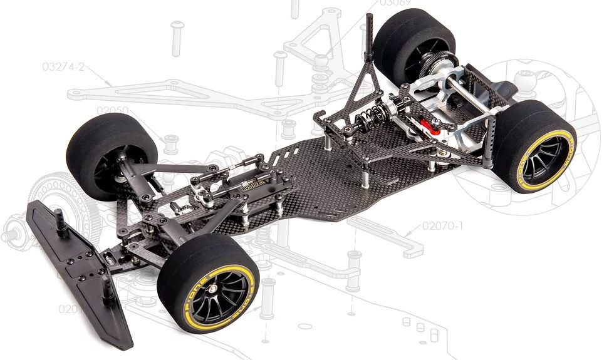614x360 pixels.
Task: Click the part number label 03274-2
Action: (63, 66)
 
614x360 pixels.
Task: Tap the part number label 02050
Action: (113, 110)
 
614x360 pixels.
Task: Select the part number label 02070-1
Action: (442, 225)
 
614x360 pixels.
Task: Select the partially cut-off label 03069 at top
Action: (395, 3)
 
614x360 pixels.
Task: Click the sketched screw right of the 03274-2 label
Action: (176, 38)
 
